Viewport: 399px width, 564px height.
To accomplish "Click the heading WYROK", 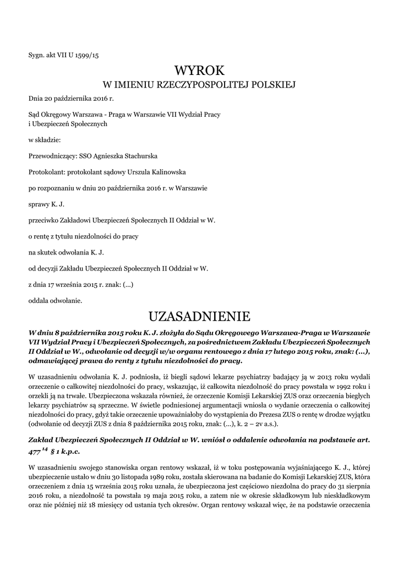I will pyautogui.click(x=200, y=70).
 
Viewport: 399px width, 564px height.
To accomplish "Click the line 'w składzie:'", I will pyautogui.click(x=45, y=140).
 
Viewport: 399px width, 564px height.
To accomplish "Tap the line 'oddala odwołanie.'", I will pyautogui.click(x=55, y=301).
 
